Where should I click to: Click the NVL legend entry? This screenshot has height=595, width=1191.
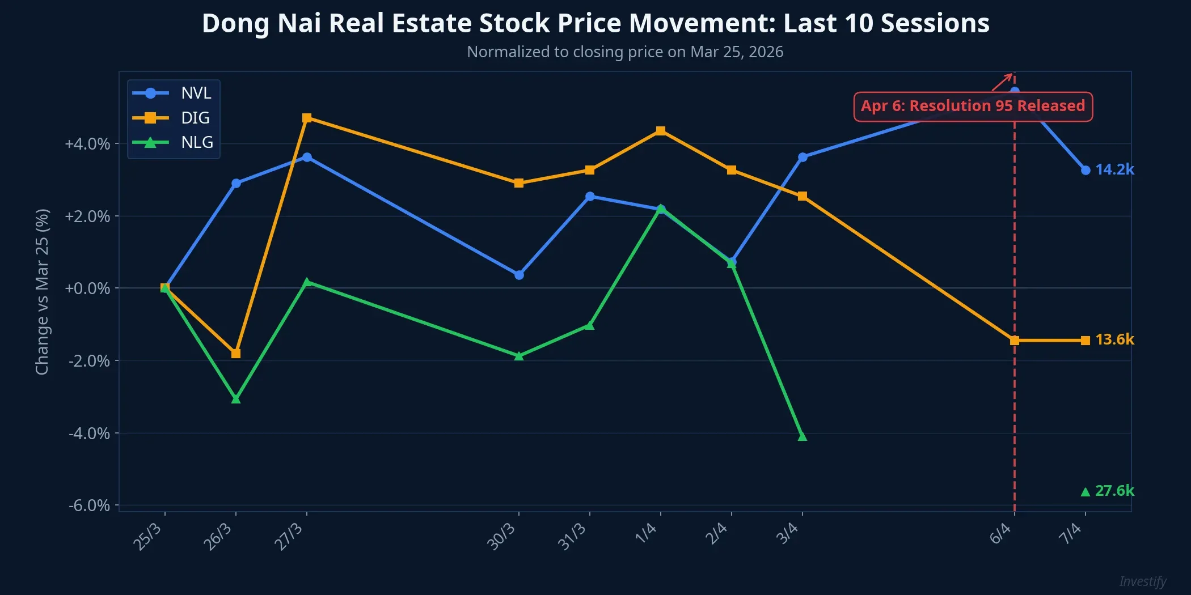tap(172, 93)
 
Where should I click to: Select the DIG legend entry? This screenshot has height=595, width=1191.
tap(172, 118)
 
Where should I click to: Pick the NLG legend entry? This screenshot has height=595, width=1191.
tap(172, 142)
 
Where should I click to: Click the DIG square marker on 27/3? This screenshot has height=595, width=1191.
tap(307, 118)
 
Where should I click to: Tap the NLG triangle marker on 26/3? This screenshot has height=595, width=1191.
tap(236, 399)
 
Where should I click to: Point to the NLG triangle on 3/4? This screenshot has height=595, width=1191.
tap(802, 436)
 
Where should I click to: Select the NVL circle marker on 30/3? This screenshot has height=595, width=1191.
tap(519, 275)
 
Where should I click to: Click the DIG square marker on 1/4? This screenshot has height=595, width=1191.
tap(661, 131)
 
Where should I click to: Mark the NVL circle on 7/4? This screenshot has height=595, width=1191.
tap(1086, 170)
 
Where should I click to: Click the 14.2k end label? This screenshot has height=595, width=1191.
tap(1114, 169)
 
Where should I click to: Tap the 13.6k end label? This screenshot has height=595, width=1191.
tap(1114, 339)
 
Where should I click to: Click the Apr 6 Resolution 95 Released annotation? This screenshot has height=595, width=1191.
tap(973, 106)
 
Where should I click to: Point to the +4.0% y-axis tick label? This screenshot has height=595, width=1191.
tap(87, 144)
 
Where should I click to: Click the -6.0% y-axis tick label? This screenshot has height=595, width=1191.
tap(89, 505)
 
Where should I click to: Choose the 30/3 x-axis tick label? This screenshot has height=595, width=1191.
tap(501, 537)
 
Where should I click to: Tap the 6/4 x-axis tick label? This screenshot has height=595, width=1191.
tap(1000, 534)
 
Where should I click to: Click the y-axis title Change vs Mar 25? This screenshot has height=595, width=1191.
tap(43, 292)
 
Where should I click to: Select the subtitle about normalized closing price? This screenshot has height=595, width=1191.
tap(624, 52)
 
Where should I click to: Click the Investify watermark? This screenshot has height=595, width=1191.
tap(1142, 581)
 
